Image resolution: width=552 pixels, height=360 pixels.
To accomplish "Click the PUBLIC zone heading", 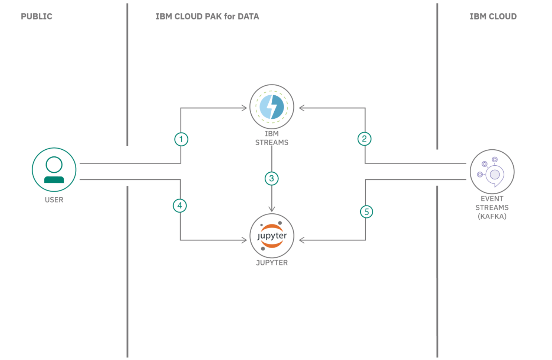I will (x=36, y=16).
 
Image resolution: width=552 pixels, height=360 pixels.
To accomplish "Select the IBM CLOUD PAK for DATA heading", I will (x=207, y=16).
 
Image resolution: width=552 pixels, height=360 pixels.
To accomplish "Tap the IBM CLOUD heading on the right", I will (x=493, y=16).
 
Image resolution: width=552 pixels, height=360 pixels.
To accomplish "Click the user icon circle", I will (x=54, y=170).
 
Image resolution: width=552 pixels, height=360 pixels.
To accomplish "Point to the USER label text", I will (x=54, y=200).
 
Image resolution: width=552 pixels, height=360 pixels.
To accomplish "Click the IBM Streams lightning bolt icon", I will (x=272, y=107).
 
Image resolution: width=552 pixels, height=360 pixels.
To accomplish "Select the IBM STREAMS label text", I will (x=272, y=138).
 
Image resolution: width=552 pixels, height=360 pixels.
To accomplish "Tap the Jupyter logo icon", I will (x=272, y=236).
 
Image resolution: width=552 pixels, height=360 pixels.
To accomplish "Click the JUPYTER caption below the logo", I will (x=272, y=263).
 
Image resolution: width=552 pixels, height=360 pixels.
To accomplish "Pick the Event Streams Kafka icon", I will (x=492, y=172).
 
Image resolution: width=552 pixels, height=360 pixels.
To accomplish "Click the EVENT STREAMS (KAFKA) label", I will (x=492, y=208).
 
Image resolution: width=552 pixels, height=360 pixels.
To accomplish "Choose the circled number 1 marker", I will (x=181, y=140).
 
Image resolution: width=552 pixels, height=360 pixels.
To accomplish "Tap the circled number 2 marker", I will (x=364, y=139).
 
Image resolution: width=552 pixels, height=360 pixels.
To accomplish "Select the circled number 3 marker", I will (x=272, y=179).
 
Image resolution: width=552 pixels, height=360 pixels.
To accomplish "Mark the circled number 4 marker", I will (x=180, y=206).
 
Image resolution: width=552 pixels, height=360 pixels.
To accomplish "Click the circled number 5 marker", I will (x=367, y=212).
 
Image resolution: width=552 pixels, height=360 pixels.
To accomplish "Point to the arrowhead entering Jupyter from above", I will (x=272, y=209).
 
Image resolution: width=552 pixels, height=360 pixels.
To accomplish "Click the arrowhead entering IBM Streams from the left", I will (x=244, y=108).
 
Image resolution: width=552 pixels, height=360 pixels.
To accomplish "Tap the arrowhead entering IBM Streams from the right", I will (x=302, y=108).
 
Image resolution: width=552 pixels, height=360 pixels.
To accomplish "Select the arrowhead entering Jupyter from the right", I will (x=302, y=240).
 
